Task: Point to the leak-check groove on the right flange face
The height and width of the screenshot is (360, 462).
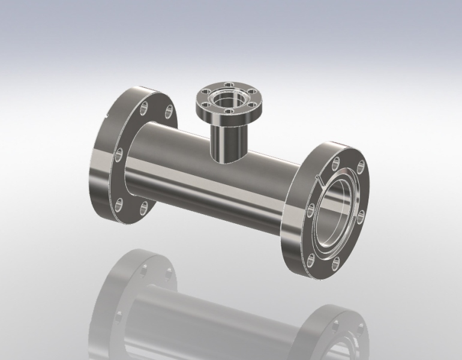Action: (x=319, y=178)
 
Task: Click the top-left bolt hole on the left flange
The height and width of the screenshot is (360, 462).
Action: (x=144, y=109)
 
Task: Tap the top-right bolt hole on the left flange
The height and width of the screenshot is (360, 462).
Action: (x=170, y=110)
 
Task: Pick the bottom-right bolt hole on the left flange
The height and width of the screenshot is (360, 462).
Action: (x=144, y=207)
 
